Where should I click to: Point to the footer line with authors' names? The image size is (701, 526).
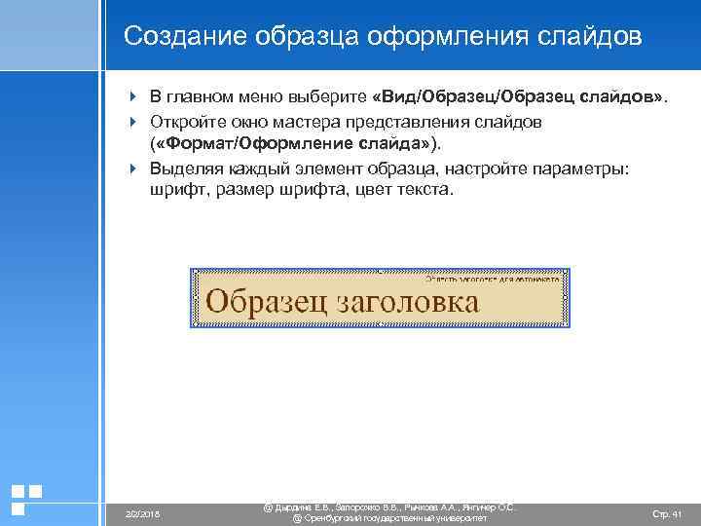389,507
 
